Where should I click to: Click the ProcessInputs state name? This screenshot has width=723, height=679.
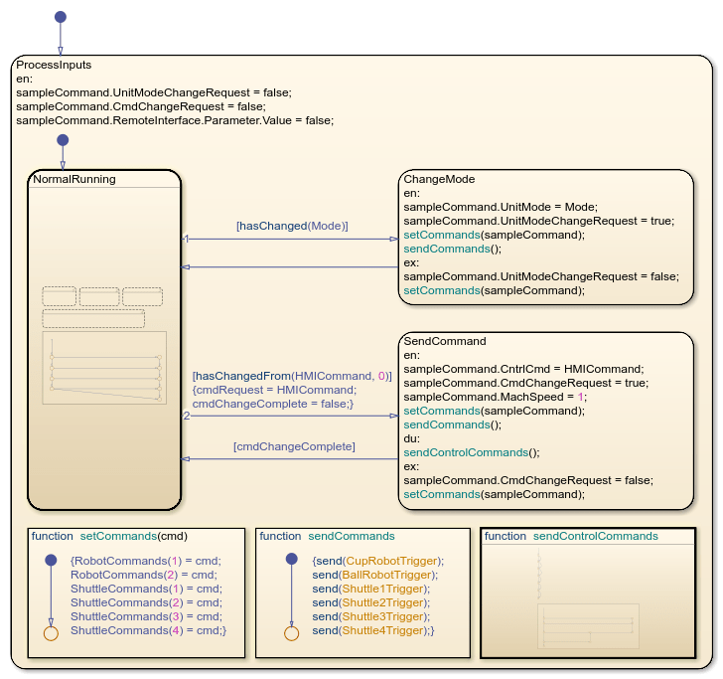[54, 65]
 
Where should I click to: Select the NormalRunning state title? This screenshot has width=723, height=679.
[74, 180]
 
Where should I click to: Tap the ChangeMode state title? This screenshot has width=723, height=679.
[439, 179]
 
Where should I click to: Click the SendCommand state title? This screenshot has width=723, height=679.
[444, 341]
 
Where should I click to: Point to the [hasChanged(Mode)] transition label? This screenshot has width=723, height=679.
[292, 226]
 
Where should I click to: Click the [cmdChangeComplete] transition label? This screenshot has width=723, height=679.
[294, 447]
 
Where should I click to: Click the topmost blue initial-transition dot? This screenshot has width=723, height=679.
[60, 17]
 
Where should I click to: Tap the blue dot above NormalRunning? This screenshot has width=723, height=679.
[63, 140]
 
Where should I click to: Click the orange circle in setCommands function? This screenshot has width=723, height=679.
[51, 632]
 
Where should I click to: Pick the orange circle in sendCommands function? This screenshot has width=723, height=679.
[291, 632]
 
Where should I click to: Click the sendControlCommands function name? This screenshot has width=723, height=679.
[596, 536]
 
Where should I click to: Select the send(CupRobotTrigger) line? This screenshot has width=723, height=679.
[377, 561]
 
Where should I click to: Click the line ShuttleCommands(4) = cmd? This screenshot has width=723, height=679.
[148, 630]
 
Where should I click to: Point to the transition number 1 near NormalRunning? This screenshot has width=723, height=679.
[186, 239]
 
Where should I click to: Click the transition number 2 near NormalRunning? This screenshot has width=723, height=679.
[186, 416]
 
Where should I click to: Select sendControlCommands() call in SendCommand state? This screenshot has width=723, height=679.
[471, 452]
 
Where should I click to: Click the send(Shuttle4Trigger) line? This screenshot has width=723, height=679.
[373, 630]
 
